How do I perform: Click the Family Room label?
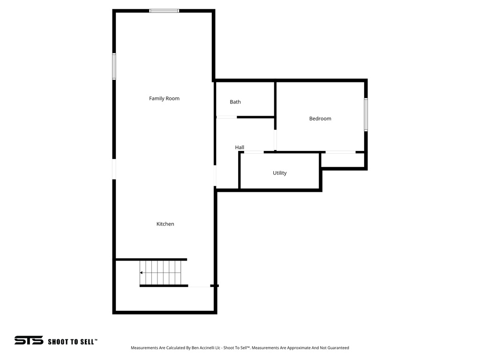pos(164,98)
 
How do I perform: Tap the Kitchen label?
pos(165,224)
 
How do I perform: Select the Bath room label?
pos(235,102)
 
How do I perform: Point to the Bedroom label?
pos(320,119)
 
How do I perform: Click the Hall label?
pos(240,147)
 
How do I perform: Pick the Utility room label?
pos(280,173)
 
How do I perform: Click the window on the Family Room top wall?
pos(164,10)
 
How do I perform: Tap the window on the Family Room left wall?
pos(114,67)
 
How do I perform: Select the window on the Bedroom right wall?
pos(366,114)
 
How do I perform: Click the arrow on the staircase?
pos(142,272)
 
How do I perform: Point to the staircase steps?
pos(162,272)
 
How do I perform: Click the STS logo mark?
pos(29,341)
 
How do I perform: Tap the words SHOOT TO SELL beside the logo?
pos(73,342)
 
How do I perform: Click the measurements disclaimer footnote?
pos(240,348)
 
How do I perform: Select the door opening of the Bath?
pos(226,117)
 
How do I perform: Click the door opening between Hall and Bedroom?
pos(275,140)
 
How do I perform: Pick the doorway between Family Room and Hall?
pos(215,176)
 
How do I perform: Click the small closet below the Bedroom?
pos(343,160)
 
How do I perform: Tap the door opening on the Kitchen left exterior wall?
pos(114,169)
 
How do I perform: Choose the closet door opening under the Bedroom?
pos(341,152)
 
